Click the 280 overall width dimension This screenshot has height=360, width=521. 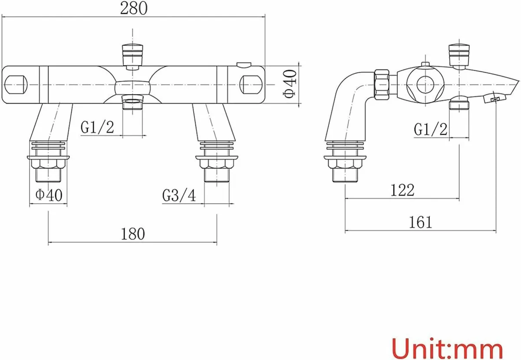tap(133, 8)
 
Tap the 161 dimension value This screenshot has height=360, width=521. tap(420, 222)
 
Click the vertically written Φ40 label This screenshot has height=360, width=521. tap(290, 85)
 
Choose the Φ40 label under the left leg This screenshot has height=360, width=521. tap(49, 195)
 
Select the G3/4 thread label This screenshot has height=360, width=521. tap(179, 195)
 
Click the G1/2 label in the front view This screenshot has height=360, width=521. tap(97, 127)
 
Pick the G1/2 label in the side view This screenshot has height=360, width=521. tap(430, 129)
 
